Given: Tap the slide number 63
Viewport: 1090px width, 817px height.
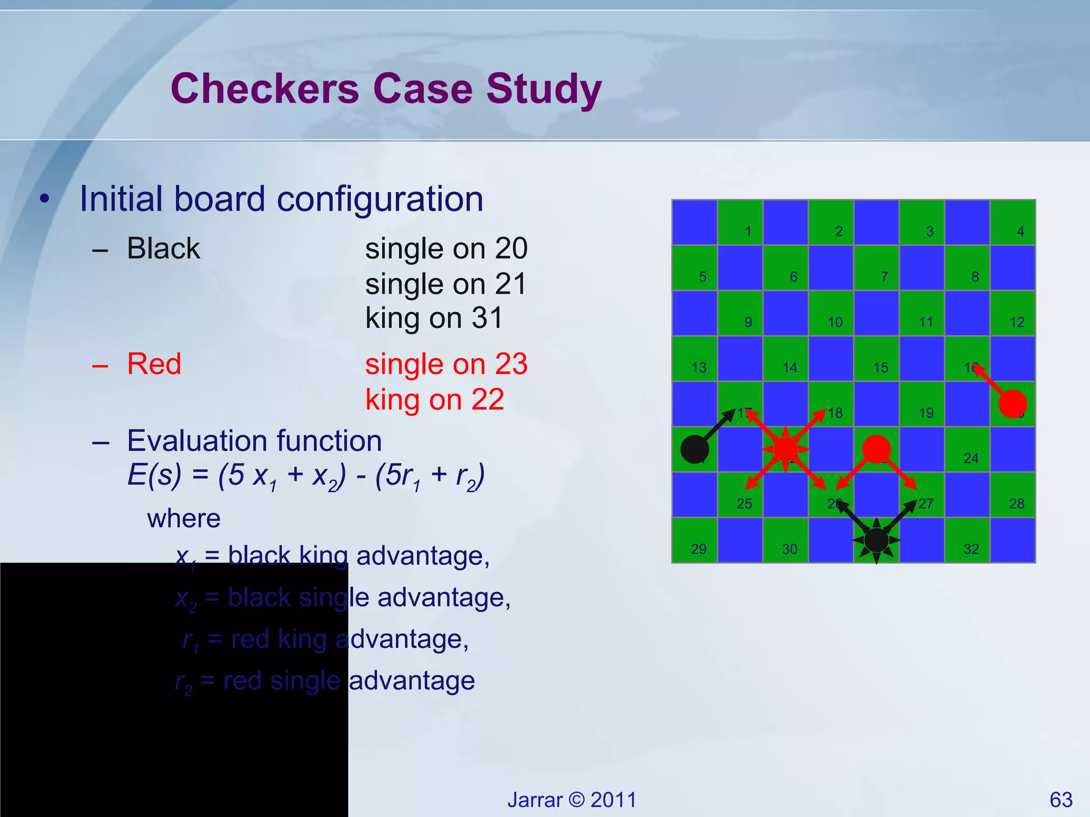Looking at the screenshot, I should (x=1061, y=800).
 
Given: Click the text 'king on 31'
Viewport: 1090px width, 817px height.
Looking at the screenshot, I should (x=434, y=318).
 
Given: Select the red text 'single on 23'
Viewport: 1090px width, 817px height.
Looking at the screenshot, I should (x=446, y=364).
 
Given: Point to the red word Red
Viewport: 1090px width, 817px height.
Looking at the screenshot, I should (x=154, y=364).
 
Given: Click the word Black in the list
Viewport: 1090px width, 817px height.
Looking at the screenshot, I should (x=163, y=248).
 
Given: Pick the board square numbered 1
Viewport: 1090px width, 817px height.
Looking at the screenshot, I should (x=740, y=223).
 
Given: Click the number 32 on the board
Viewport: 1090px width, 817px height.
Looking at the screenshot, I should (x=971, y=549).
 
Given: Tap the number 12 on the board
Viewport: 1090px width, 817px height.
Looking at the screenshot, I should (x=1017, y=322).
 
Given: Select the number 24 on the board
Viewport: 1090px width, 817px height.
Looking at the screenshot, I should (x=971, y=458).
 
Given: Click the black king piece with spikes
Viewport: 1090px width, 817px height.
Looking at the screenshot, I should (x=876, y=540).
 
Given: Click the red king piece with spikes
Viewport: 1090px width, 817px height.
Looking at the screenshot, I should (x=786, y=449).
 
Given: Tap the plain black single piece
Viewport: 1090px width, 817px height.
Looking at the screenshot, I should (x=695, y=449).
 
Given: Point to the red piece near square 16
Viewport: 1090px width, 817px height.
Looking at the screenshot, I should (x=1012, y=404).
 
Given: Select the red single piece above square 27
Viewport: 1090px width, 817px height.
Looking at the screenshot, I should (x=876, y=449).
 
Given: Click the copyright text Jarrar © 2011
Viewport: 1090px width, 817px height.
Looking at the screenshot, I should (x=572, y=800).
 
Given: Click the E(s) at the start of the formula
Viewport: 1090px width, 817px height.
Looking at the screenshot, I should (x=154, y=474).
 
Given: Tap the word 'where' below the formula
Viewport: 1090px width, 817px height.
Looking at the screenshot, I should (x=184, y=519).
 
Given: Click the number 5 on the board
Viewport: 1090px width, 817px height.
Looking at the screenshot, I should (x=703, y=277).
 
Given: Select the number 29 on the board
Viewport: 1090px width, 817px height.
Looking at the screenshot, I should (x=698, y=549).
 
